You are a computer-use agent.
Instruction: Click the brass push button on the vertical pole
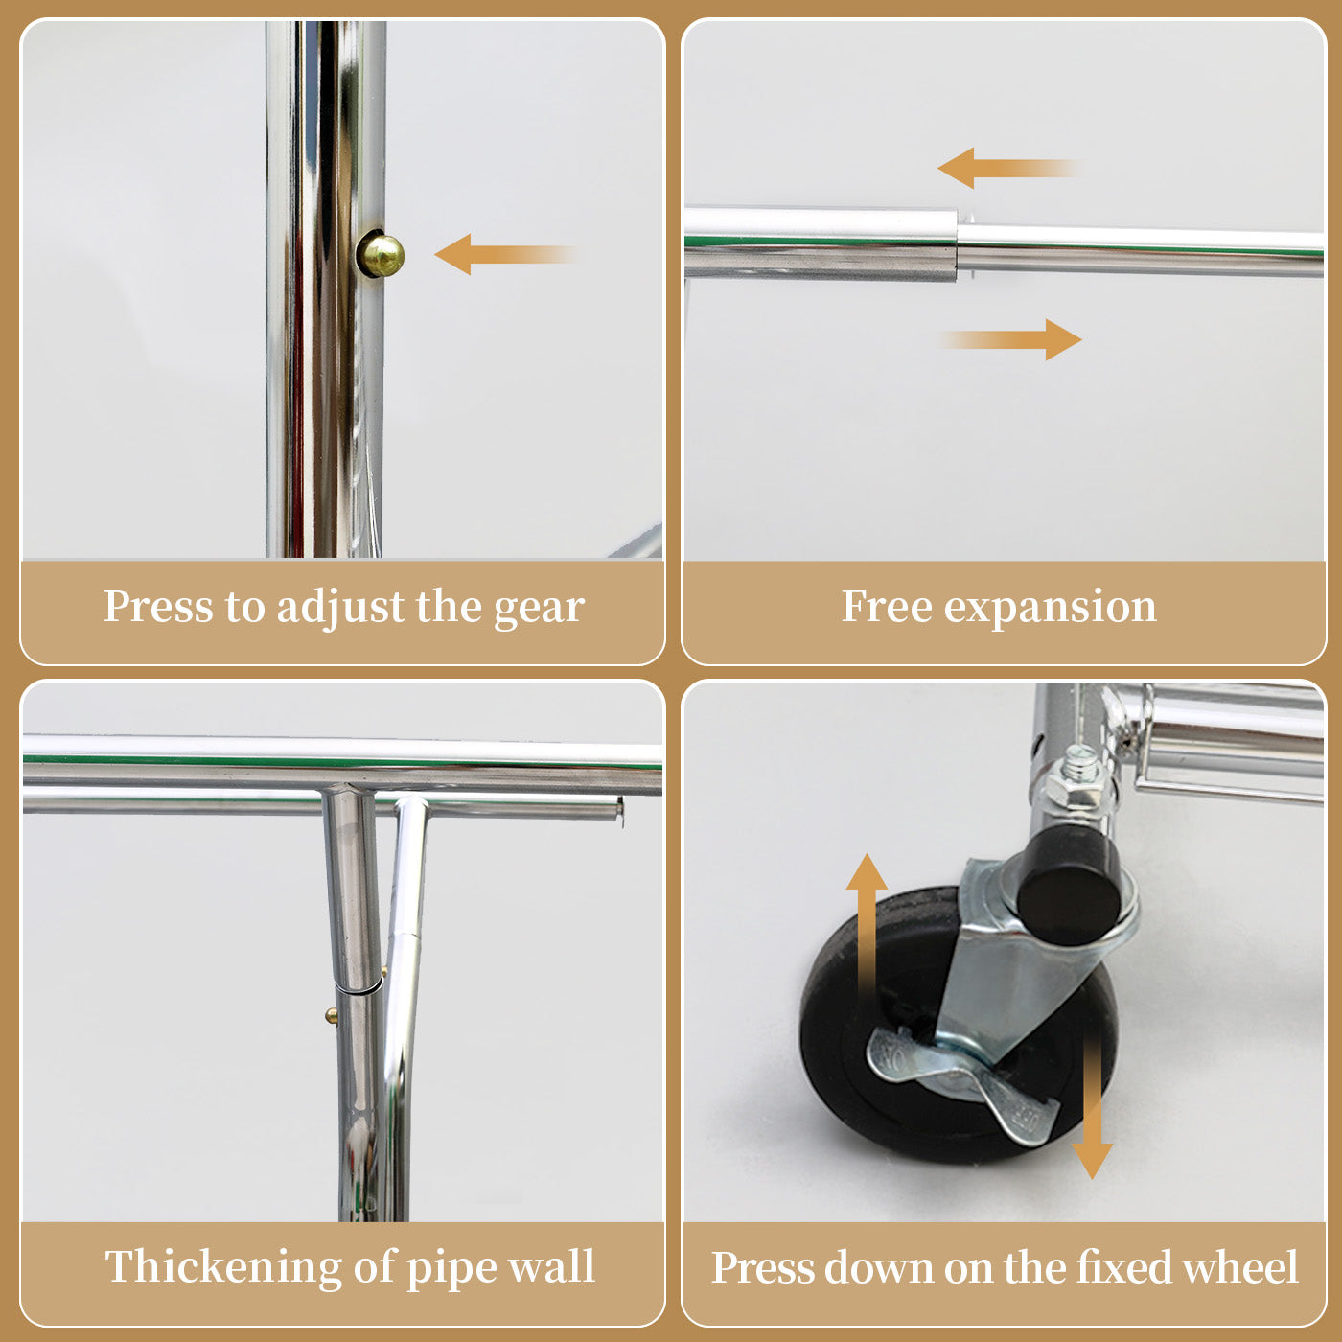point(381,254)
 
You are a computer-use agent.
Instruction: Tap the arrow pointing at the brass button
point(505,254)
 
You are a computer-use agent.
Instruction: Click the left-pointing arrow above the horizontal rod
point(1009,168)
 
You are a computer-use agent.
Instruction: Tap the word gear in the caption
point(539,610)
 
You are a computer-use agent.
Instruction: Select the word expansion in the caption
point(1050,609)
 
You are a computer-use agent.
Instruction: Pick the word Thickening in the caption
point(223,1267)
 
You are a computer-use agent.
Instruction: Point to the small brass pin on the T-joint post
point(332,1016)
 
